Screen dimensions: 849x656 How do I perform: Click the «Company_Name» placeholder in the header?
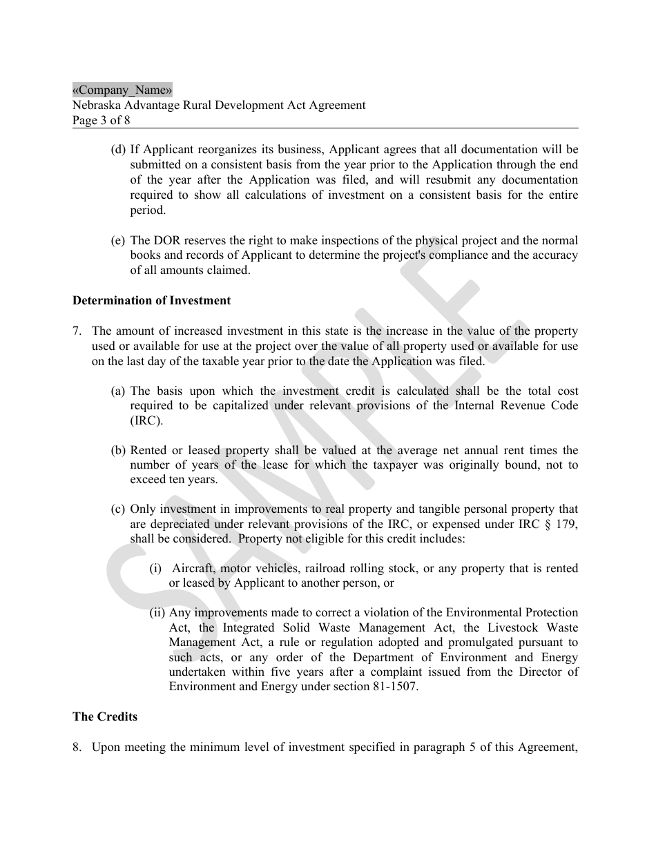pyautogui.click(x=122, y=90)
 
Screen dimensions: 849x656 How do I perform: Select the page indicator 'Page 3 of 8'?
pyautogui.click(x=101, y=120)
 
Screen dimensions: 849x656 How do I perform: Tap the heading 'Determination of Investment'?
pyautogui.click(x=151, y=300)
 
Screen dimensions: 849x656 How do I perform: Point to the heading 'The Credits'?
pyautogui.click(x=105, y=716)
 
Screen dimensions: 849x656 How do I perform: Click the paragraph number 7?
pyautogui.click(x=77, y=331)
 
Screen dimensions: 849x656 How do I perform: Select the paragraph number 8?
pyautogui.click(x=77, y=747)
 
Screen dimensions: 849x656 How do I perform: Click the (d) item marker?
pyautogui.click(x=118, y=150)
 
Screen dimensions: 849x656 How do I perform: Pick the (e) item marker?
pyautogui.click(x=118, y=240)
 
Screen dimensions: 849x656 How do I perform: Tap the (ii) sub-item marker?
pyautogui.click(x=157, y=612)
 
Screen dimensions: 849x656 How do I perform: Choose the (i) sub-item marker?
pyautogui.click(x=155, y=568)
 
